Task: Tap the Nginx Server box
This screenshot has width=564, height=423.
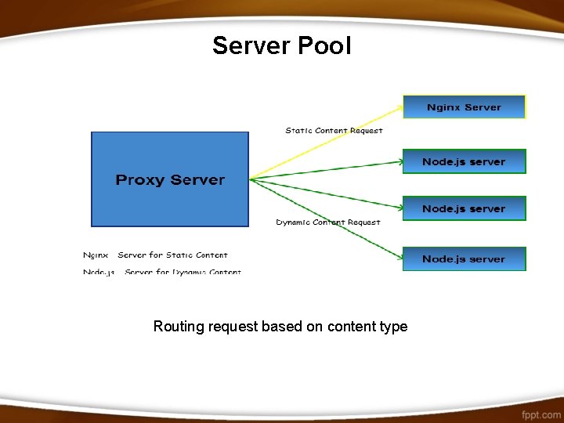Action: pos(464,107)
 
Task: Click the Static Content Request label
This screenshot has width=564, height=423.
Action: pos(334,131)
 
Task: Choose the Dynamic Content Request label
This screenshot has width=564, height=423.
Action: pos(328,222)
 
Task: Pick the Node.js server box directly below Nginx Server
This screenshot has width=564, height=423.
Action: pos(464,161)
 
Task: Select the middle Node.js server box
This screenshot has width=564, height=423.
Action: pos(464,208)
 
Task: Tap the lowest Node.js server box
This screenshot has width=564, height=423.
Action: pos(464,259)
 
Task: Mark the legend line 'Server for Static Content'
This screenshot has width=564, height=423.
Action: pos(172,255)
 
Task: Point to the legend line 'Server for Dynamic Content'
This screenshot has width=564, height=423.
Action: pos(183,272)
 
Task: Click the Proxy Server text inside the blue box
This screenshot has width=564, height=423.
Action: pos(170,180)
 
